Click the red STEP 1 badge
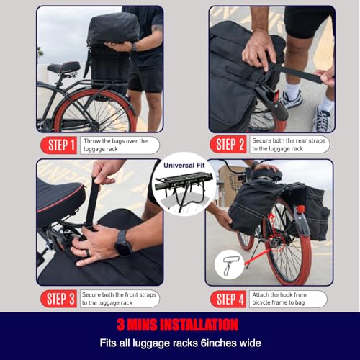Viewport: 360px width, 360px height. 59,145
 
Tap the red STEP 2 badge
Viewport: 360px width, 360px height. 228,145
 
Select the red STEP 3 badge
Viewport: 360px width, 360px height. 59,299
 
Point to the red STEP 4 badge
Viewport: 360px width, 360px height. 228,300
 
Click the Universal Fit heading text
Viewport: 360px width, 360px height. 184,166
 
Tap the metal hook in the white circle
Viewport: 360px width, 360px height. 229,265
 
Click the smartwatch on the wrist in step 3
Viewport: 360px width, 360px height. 124,243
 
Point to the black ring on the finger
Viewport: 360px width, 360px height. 88,253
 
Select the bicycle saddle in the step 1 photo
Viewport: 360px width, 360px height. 64,68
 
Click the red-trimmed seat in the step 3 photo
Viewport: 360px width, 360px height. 60,200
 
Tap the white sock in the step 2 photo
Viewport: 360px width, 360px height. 293,91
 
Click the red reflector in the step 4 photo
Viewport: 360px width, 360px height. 301,209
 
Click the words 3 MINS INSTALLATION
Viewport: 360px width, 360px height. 178,325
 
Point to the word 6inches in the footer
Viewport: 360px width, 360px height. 215,343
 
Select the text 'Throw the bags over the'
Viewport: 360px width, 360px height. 116,141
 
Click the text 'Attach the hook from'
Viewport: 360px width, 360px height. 279,294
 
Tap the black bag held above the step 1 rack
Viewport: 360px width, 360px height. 113,28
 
